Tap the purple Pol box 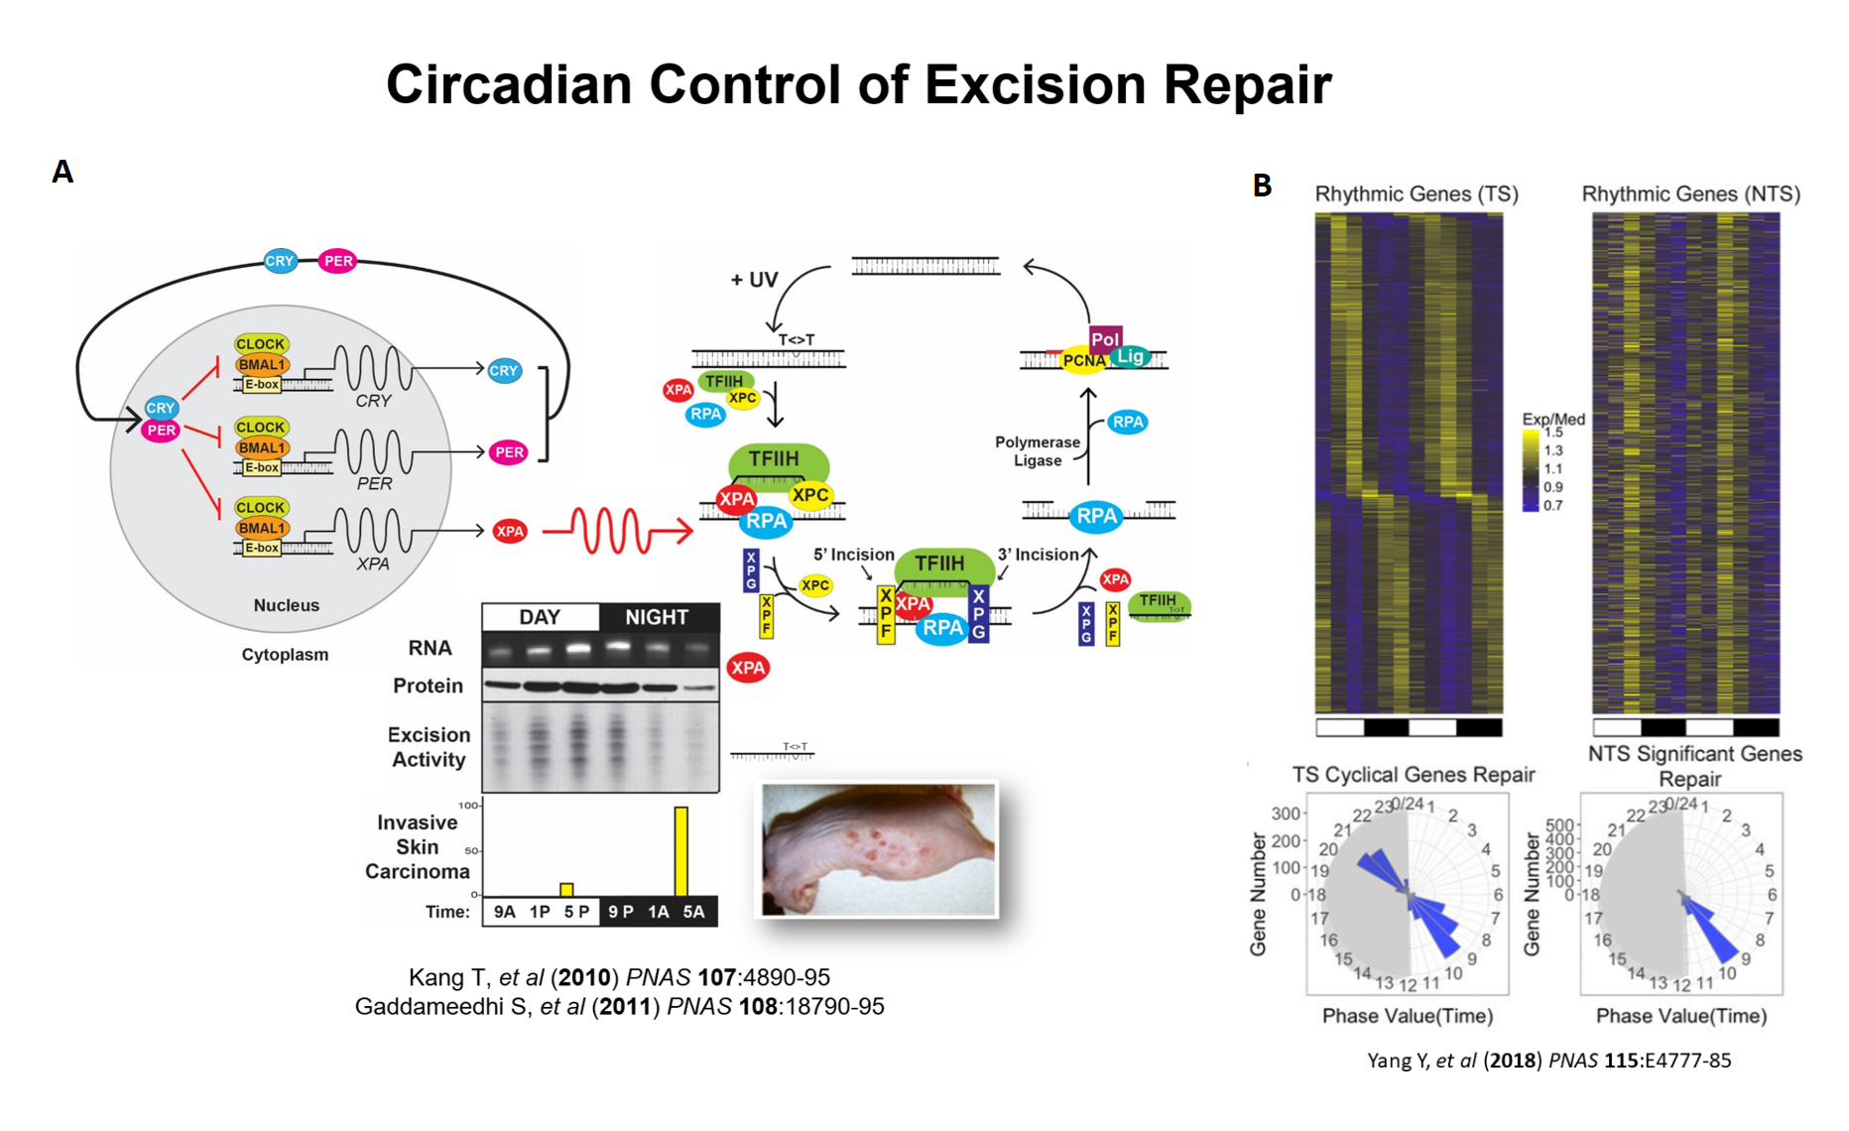pos(1104,339)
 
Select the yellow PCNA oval pos(1083,361)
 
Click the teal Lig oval pos(1131,356)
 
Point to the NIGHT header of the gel pos(657,617)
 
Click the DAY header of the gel pos(540,617)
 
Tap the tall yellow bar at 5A pos(680,851)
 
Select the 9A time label pos(504,912)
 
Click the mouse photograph pos(878,849)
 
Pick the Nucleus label pos(286,605)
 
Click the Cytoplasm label pos(285,655)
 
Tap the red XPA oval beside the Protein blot pos(747,668)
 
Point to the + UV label pos(754,280)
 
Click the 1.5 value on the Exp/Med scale pos(1553,433)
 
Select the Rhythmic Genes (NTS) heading pos(1690,194)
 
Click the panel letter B pos(1262,186)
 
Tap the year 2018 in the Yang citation pos(1512,1061)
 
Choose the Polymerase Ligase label pos(1037,451)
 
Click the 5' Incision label pos(853,555)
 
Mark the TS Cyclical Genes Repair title pos(1413,775)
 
